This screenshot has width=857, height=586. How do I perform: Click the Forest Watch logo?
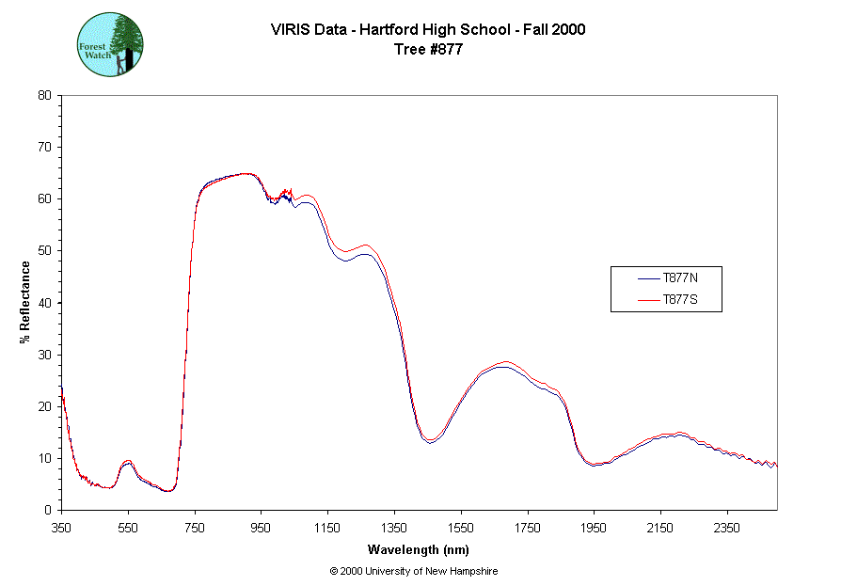click(110, 44)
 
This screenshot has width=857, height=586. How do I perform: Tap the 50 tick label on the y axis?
click(44, 251)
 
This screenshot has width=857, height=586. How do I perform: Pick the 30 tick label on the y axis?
click(44, 355)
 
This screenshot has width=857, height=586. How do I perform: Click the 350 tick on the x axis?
click(61, 528)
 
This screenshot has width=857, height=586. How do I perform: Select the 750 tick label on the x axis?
click(195, 528)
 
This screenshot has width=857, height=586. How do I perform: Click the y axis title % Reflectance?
click(25, 302)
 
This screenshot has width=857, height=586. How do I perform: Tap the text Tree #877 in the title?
click(428, 50)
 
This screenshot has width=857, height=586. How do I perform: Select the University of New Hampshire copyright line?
click(414, 571)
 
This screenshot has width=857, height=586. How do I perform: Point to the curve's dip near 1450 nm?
click(430, 440)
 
